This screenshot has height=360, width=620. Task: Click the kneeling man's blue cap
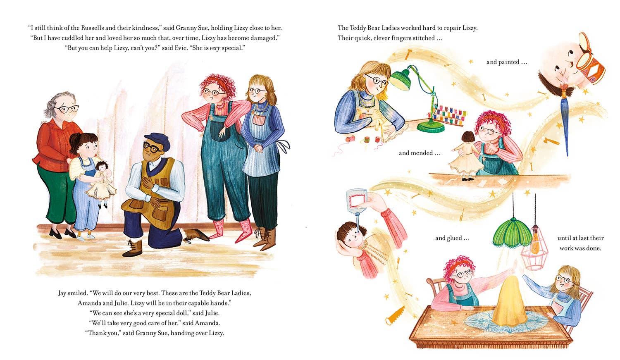tap(157, 141)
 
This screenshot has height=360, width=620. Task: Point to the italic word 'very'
tap(215, 48)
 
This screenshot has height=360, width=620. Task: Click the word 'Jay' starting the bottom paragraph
tap(62, 293)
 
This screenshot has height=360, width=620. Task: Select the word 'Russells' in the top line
tap(93, 28)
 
